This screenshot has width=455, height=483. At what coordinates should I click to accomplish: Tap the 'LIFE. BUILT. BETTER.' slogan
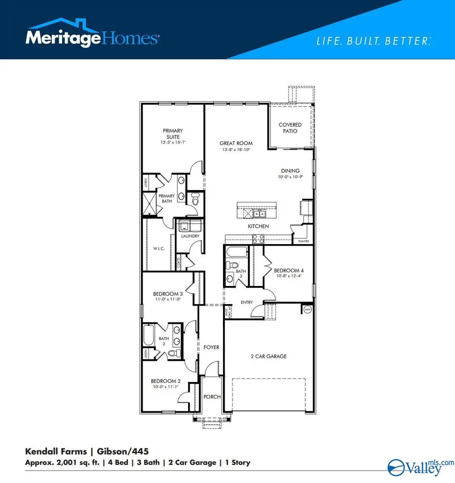pyautogui.click(x=374, y=41)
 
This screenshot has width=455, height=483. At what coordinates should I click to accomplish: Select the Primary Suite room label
pyautogui.click(x=172, y=133)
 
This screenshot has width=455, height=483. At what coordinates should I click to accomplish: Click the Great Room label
pyautogui.click(x=236, y=143)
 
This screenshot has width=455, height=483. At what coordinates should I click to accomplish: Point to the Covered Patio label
pyautogui.click(x=290, y=128)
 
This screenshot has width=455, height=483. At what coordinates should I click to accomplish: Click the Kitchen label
pyautogui.click(x=258, y=226)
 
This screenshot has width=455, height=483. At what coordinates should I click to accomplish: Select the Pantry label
pyautogui.click(x=303, y=242)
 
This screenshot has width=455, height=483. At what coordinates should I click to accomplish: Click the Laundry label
pyautogui.click(x=190, y=236)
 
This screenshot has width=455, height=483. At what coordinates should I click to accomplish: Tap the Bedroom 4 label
pyautogui.click(x=288, y=270)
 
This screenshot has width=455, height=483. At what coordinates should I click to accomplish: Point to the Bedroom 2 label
pyautogui.click(x=165, y=381)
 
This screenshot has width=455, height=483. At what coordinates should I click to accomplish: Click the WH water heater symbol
pyautogui.click(x=307, y=309)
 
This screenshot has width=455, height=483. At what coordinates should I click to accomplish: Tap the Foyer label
pyautogui.click(x=211, y=348)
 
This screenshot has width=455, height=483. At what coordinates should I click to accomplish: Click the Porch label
pyautogui.click(x=212, y=397)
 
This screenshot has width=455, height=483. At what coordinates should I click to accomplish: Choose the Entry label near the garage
pyautogui.click(x=246, y=303)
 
